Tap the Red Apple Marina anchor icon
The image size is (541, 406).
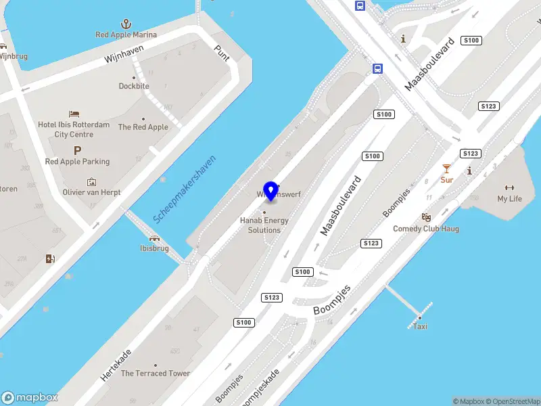coord(126,24)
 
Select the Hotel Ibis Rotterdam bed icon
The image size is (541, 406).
coord(74,113)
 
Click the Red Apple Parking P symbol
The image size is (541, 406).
coord(77,151)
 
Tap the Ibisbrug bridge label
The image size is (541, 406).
coord(154,248)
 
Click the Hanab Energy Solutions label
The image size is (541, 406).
coord(264,225)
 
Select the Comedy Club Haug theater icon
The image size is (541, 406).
coord(426,217)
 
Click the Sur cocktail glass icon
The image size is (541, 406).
coord(446,168)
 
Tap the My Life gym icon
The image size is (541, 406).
coord(510,187)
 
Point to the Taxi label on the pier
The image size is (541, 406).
coord(420,327)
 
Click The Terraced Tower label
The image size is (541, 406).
coord(156,374)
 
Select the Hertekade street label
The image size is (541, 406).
coord(116,365)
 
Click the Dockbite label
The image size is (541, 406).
coord(134,86)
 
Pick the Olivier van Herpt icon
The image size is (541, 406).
coord(92,181)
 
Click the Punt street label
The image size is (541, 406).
coord(222,52)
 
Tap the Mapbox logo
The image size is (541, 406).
coord(30,398)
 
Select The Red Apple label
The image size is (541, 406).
coord(143,127)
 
